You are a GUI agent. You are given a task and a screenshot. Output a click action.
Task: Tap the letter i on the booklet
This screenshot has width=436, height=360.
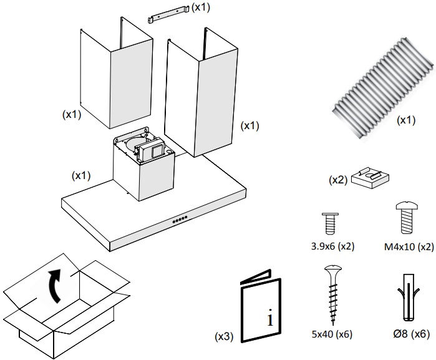tap(269, 319)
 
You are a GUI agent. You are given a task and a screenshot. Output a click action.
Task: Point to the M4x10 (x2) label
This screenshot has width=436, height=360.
tap(407, 246)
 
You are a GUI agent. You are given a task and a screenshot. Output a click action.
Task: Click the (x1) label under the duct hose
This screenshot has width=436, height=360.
tap(406, 119)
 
